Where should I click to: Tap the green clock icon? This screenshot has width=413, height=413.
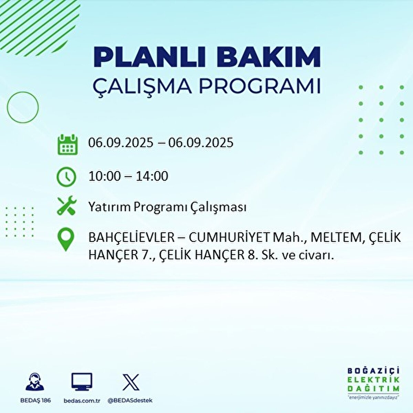click(x=66, y=177)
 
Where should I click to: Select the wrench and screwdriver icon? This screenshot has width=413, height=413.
click(x=66, y=206)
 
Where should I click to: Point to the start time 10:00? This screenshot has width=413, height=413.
click(x=105, y=176)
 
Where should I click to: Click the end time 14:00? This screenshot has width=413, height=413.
click(x=151, y=176)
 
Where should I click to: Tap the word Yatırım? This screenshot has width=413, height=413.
click(x=109, y=207)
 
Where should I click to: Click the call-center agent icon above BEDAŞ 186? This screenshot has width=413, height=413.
click(x=35, y=382)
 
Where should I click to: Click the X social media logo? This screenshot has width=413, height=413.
click(x=131, y=382)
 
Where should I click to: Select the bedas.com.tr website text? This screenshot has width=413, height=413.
click(x=82, y=401)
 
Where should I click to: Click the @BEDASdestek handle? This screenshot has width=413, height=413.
click(x=130, y=401)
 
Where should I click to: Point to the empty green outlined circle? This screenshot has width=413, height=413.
click(x=23, y=107)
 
